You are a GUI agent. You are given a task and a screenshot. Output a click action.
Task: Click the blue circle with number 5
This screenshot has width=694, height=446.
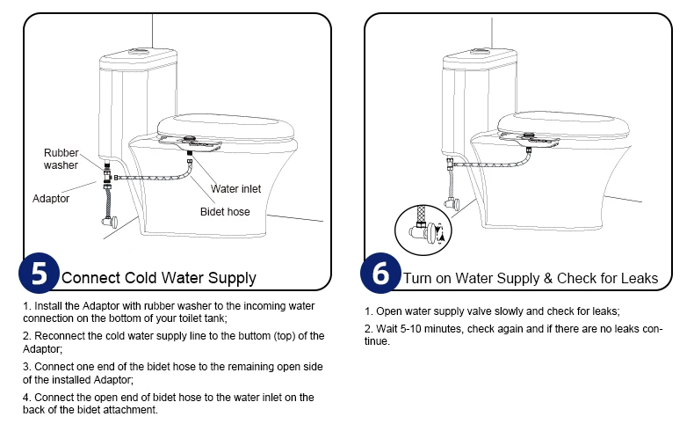(x=40, y=273)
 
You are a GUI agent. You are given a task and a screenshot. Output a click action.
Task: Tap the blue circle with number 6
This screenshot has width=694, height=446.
(x=380, y=273)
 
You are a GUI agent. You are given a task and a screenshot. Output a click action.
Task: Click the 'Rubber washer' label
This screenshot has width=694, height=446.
(x=61, y=159)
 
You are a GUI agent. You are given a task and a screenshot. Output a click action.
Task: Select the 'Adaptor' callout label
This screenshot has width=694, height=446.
(x=51, y=199)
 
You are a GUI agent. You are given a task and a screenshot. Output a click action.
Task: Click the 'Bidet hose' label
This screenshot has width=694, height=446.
(x=226, y=212)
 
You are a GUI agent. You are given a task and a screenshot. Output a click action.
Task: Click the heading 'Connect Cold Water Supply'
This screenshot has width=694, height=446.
(x=159, y=278)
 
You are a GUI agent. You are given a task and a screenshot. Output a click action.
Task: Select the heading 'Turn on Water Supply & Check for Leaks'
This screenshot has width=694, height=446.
(x=530, y=278)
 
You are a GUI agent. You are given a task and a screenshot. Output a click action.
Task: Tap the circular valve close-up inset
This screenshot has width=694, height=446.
(x=421, y=230)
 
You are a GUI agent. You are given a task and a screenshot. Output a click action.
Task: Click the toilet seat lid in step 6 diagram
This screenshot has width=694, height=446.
(x=562, y=123)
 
